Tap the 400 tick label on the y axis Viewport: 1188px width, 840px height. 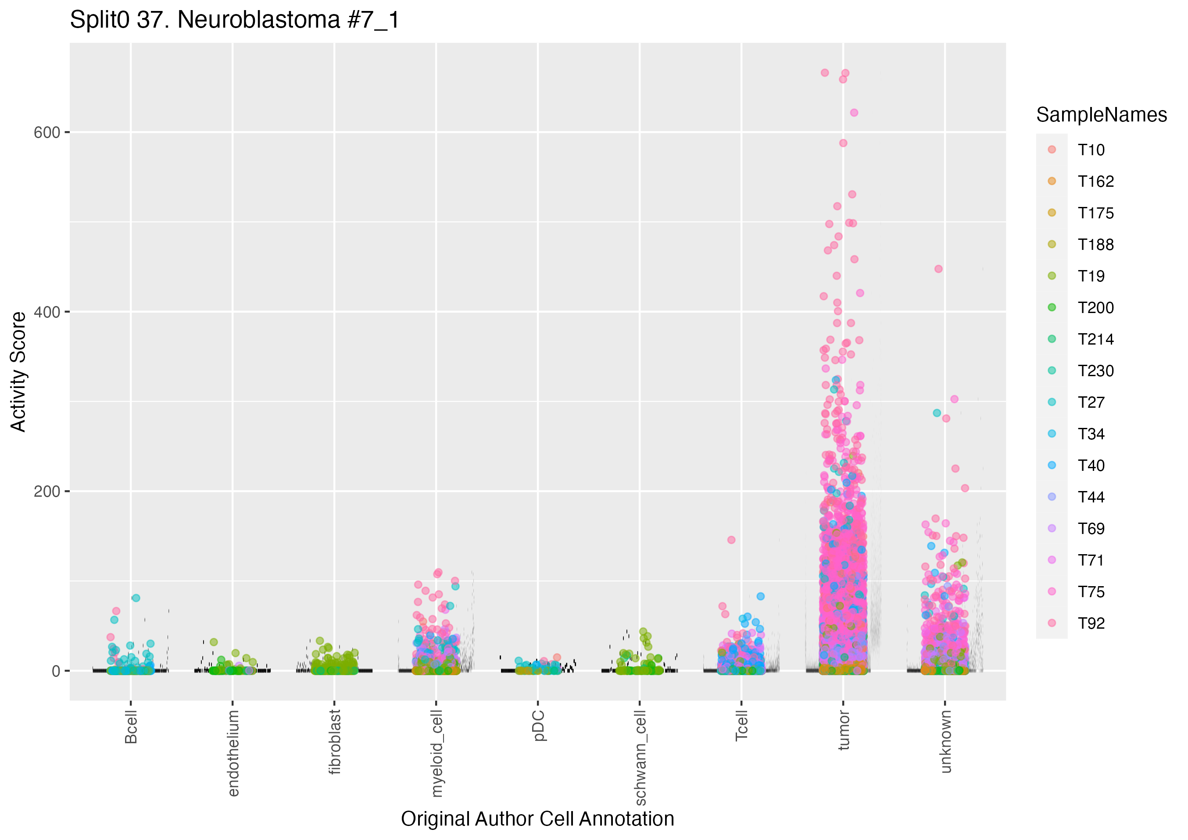pos(47,312)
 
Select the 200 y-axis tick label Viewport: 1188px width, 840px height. pos(47,491)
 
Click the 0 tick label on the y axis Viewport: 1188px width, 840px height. pos(56,671)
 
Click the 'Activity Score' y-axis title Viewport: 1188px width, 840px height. pos(18,371)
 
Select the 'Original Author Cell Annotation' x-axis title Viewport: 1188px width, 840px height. pos(537,819)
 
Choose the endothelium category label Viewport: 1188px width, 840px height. pos(233,753)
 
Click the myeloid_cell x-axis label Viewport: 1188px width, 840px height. pos(437,753)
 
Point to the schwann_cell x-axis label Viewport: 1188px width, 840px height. pos(640,757)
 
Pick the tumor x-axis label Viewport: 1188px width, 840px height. pos(843,730)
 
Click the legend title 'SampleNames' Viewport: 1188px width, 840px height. pos(1101,115)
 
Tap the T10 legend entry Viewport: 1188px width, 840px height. pos(1091,150)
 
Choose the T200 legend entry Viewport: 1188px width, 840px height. pos(1095,308)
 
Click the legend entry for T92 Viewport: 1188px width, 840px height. pos(1091,623)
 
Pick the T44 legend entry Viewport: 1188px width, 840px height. pos(1091,497)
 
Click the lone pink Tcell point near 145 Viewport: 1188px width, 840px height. pos(731,540)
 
